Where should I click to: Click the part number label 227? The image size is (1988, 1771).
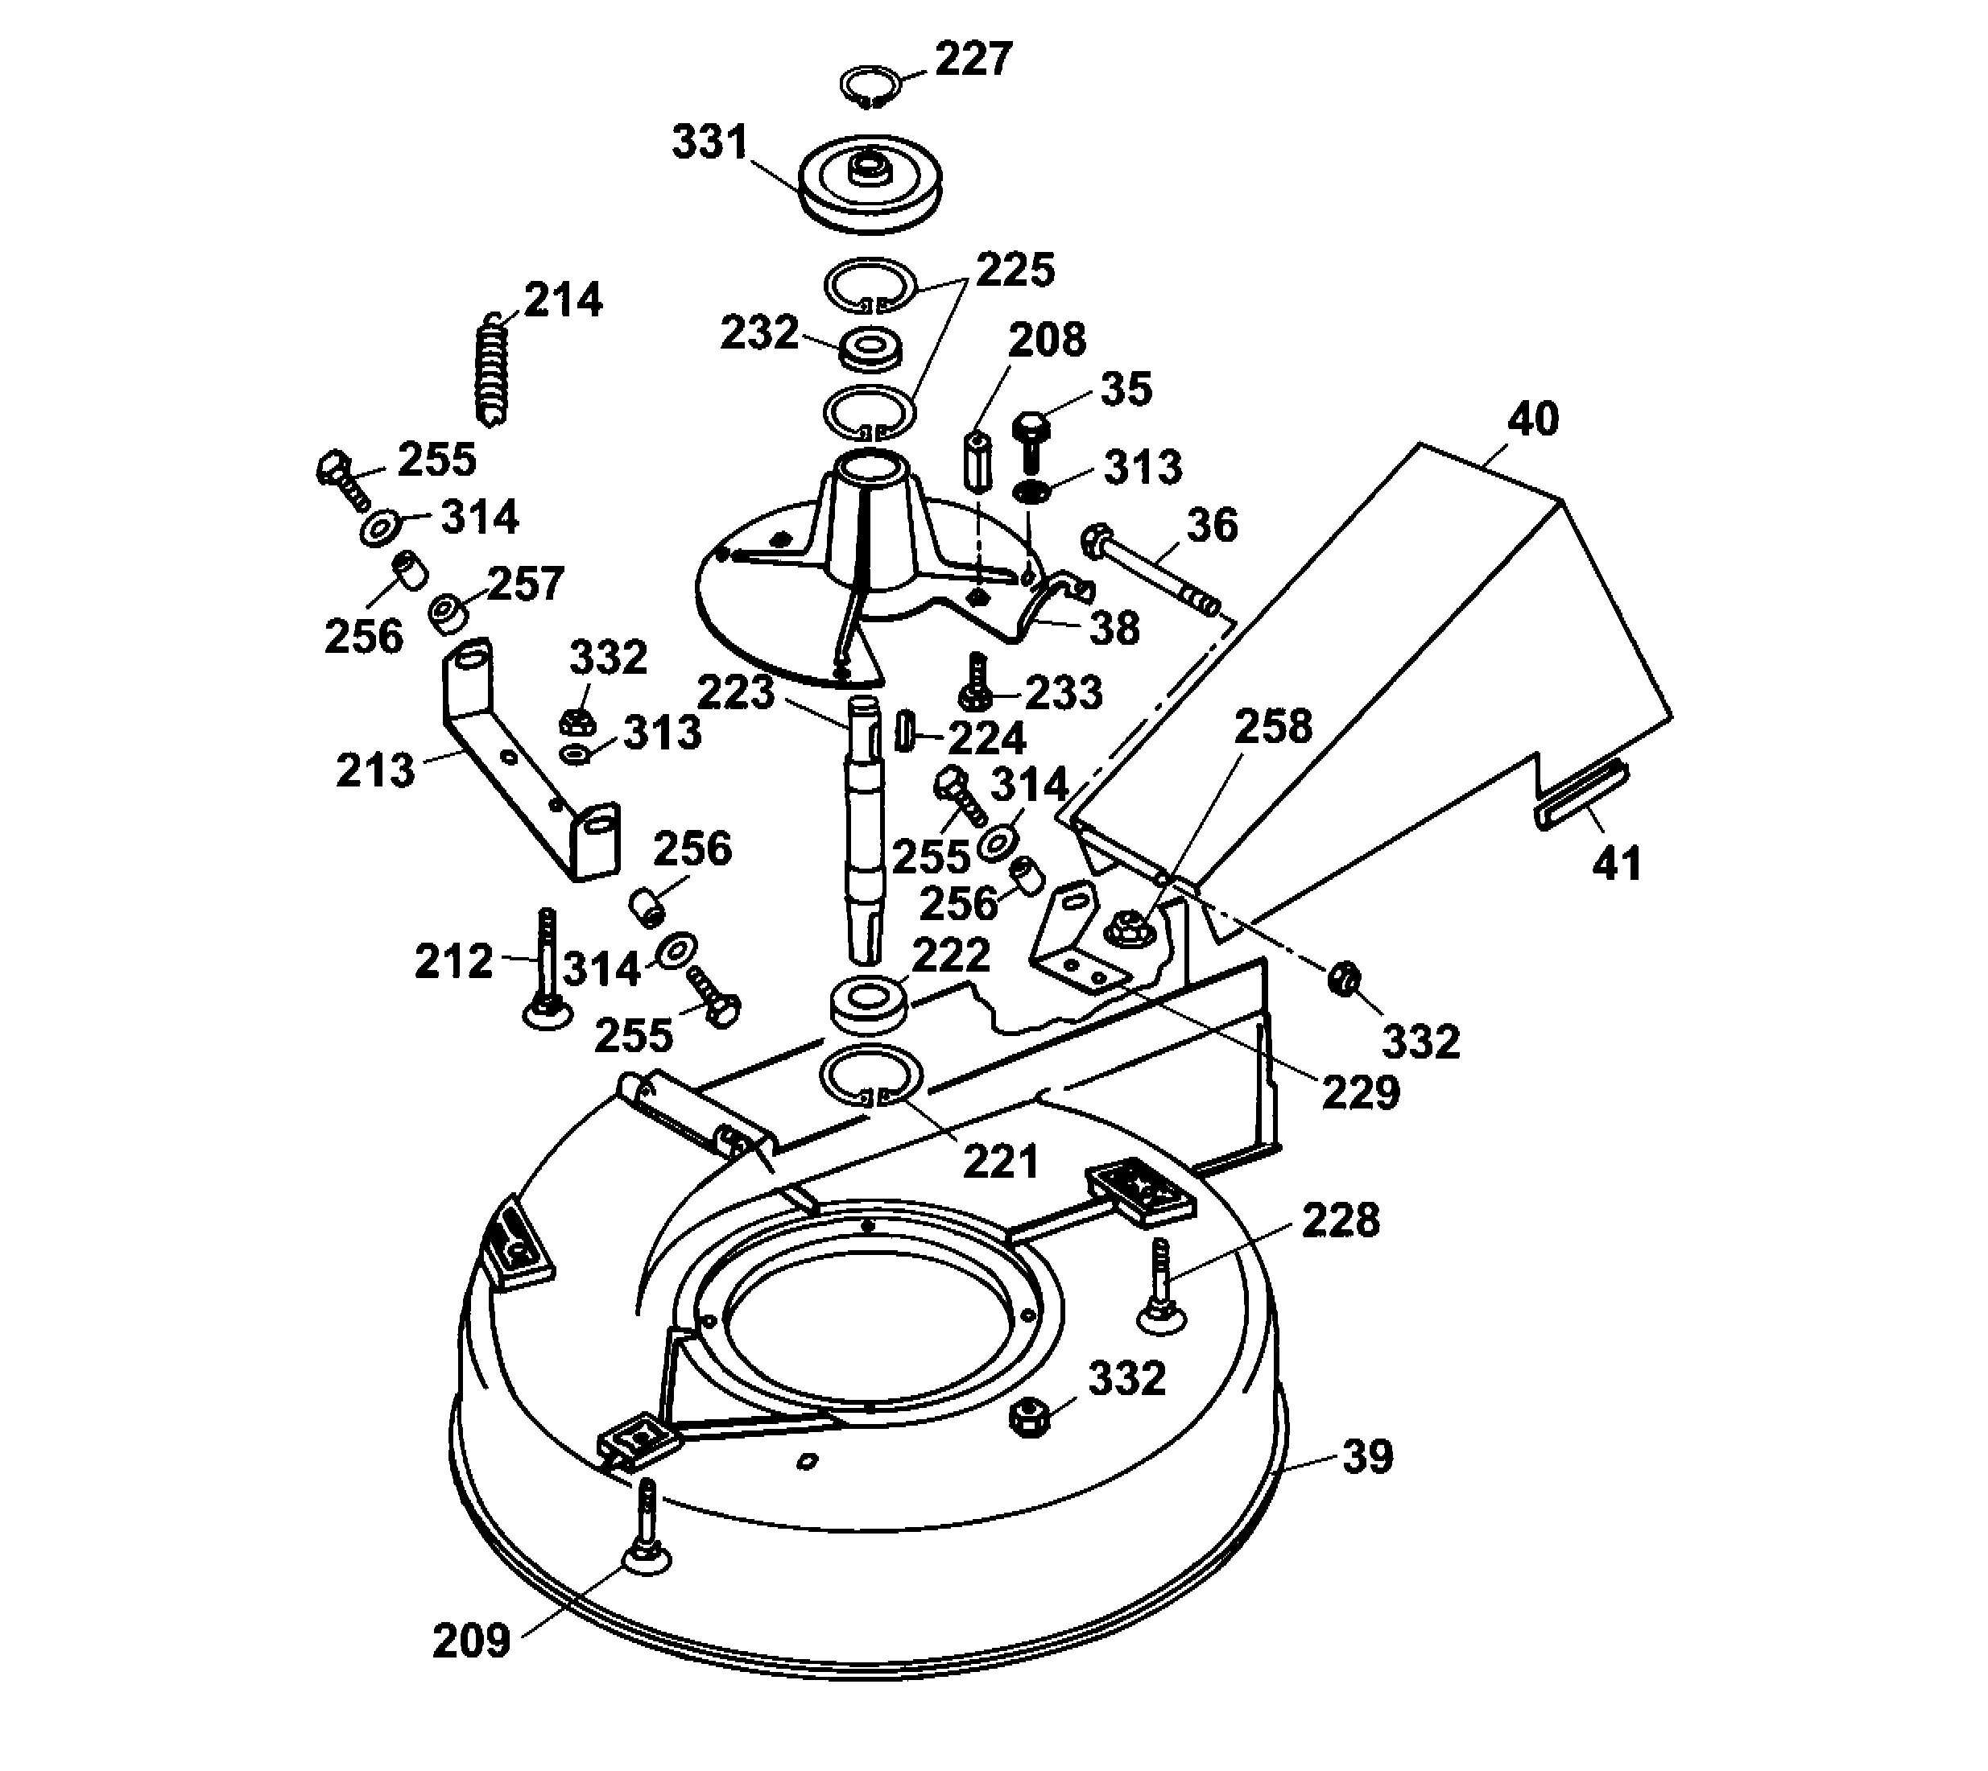pos(973,60)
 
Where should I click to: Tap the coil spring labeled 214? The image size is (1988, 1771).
pos(494,369)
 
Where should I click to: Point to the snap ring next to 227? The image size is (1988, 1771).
pos(869,85)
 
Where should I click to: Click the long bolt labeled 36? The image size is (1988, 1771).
pos(1154,573)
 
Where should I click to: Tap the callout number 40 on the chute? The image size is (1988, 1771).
pos(1532,419)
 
